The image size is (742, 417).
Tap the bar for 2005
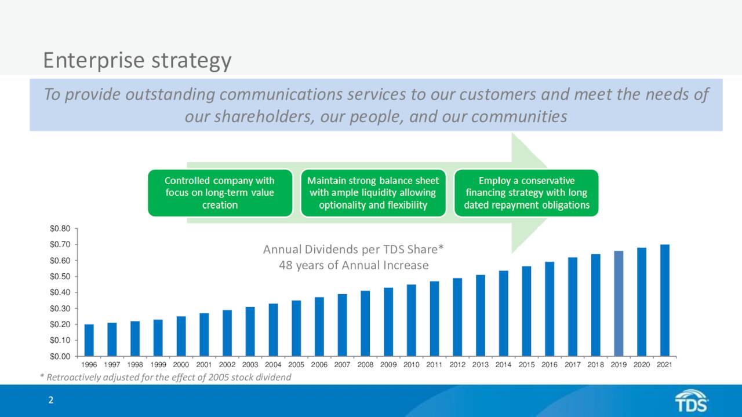click(296, 328)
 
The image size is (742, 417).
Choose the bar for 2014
click(503, 313)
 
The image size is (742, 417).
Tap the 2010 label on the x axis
click(412, 365)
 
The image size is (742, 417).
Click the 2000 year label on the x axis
click(181, 365)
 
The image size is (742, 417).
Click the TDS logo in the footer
click(692, 401)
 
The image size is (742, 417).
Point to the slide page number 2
click(51, 400)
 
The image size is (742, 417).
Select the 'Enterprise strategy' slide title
click(137, 60)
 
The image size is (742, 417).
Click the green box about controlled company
click(220, 193)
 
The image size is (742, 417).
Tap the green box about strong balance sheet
click(373, 193)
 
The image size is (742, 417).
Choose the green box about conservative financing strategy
click(526, 193)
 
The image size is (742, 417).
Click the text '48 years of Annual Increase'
click(354, 265)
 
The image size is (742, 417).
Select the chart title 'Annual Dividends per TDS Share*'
click(354, 250)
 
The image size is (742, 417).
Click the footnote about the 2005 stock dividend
click(165, 378)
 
